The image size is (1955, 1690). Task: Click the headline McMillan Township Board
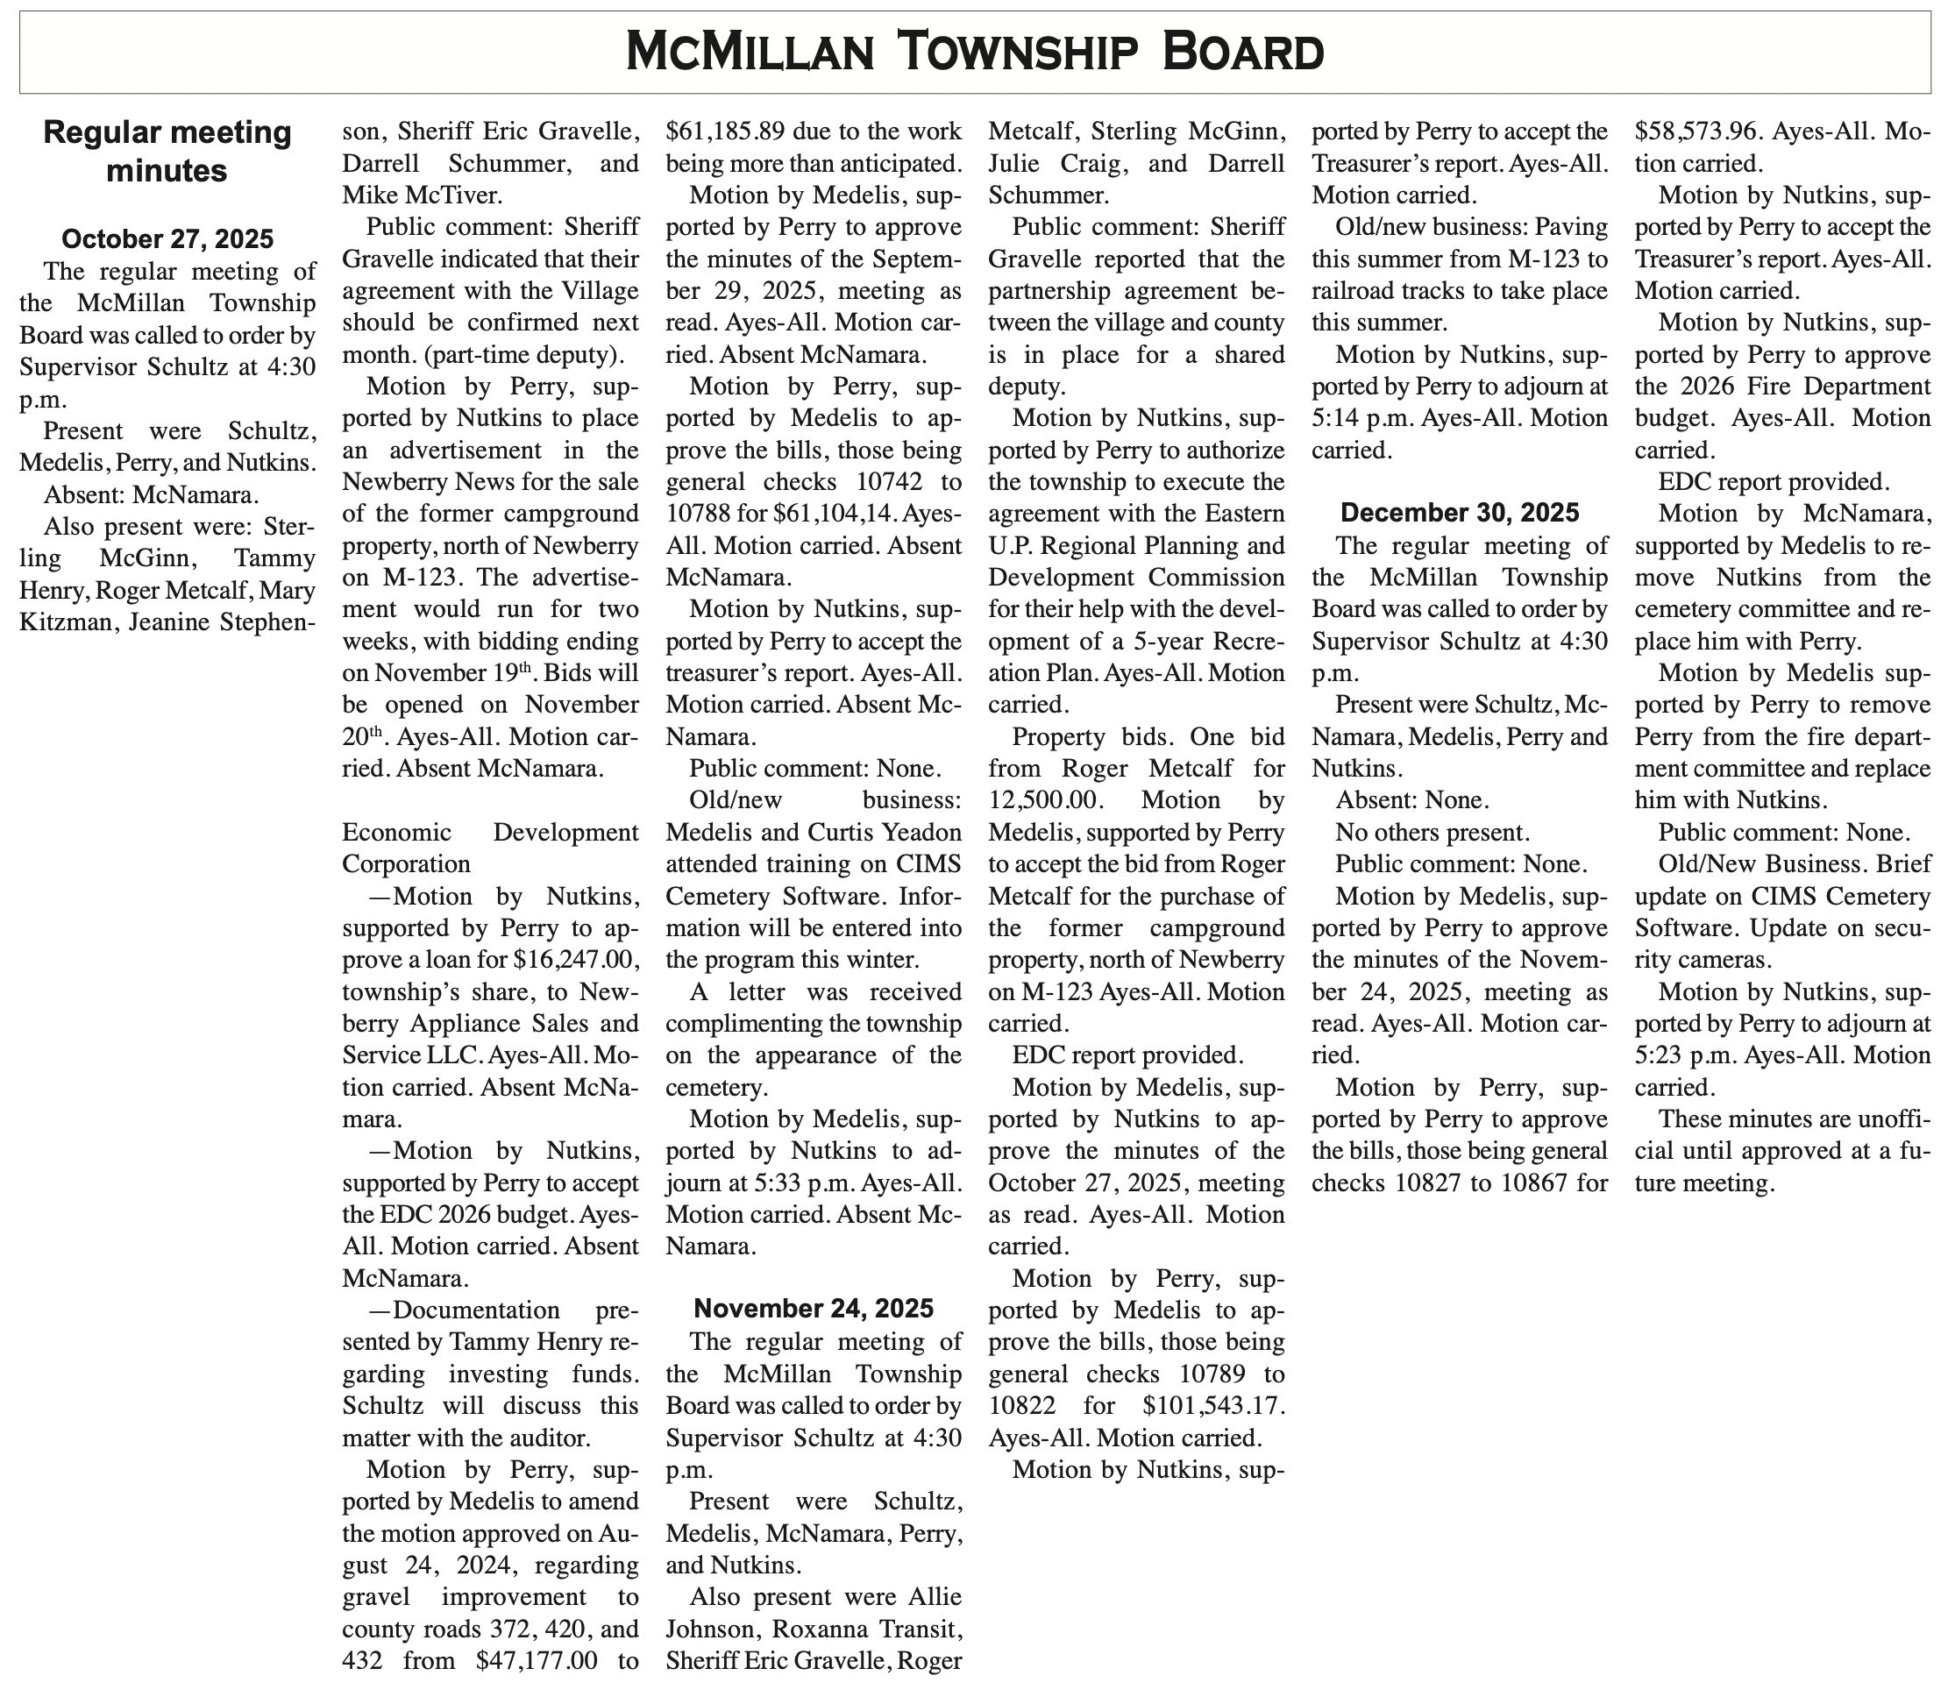click(976, 52)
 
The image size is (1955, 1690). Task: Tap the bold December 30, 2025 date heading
click(1459, 513)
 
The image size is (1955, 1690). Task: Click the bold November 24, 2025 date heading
click(814, 1308)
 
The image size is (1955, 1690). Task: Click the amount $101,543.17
click(1214, 1406)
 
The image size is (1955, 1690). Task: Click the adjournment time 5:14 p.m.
click(1355, 418)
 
